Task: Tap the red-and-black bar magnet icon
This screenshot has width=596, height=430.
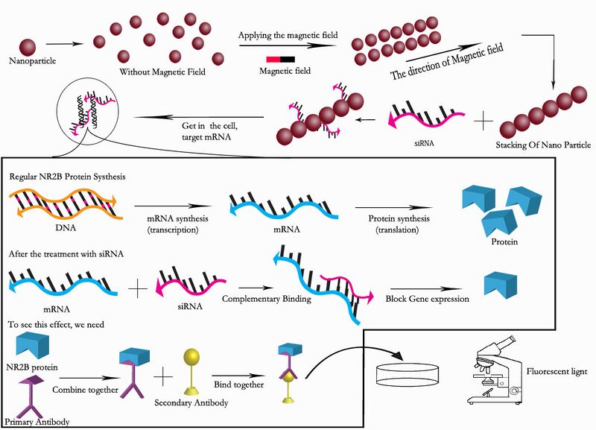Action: click(x=280, y=60)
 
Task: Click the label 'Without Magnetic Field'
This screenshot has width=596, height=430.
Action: click(x=162, y=73)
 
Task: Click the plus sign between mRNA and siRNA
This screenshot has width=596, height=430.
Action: click(x=139, y=286)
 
